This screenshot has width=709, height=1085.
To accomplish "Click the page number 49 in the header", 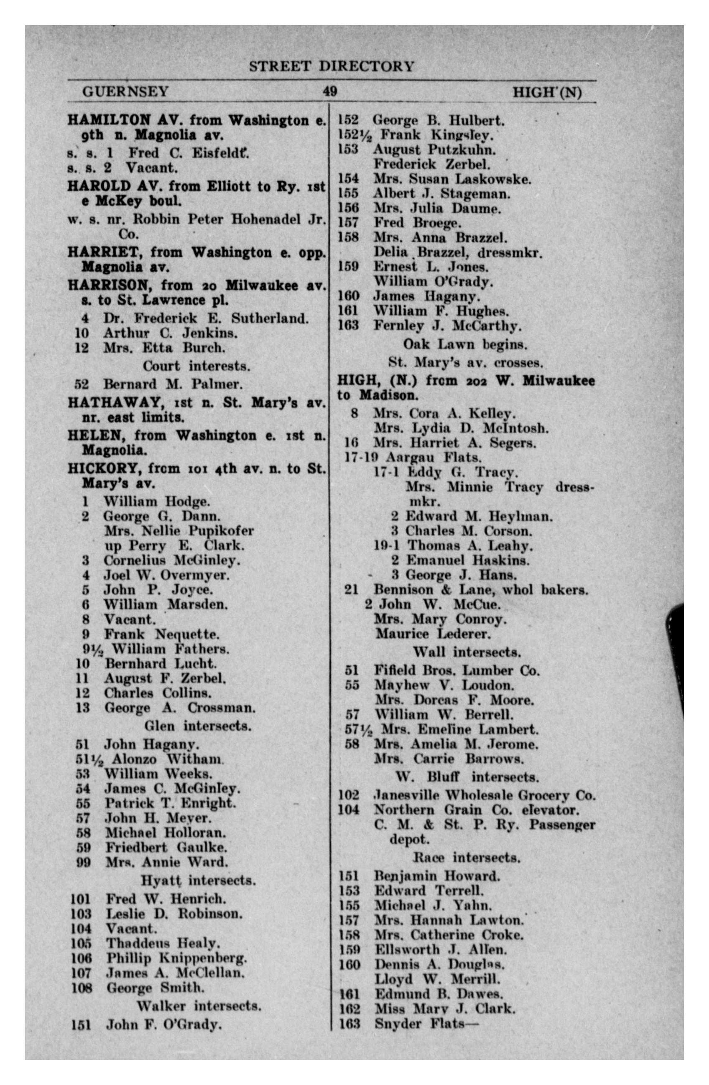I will (330, 92).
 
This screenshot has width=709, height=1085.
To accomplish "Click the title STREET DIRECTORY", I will (332, 66).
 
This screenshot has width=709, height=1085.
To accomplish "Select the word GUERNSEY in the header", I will (125, 92).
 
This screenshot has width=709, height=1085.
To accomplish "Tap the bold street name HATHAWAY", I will (112, 402).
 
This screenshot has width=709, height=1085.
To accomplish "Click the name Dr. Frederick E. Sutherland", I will (206, 318).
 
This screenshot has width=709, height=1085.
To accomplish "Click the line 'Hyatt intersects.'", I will (198, 880).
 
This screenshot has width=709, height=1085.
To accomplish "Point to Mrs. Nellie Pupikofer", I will (179, 531).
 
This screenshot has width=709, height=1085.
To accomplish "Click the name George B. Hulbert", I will (439, 120).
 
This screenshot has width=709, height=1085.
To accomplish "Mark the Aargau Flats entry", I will (434, 457).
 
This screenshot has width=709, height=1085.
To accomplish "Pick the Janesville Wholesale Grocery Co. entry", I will (485, 795).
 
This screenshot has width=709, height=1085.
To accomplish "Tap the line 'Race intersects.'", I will (467, 858).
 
